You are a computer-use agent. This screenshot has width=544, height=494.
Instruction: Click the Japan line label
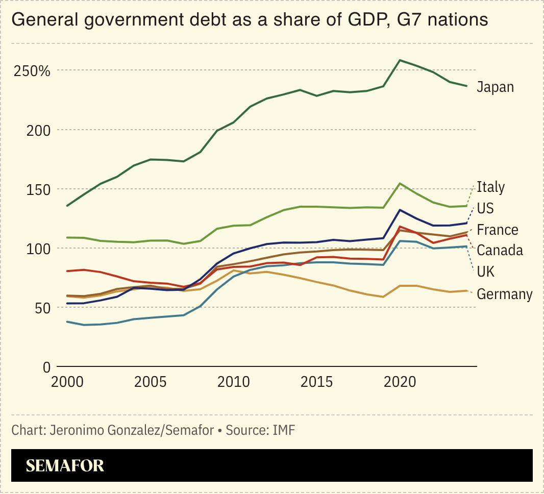click(495, 87)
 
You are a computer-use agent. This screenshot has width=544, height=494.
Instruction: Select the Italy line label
click(490, 187)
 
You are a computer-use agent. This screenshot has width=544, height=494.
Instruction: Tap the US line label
click(485, 209)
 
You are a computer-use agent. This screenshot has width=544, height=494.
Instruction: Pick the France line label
click(498, 230)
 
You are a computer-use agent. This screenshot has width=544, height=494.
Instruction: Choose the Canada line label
click(500, 251)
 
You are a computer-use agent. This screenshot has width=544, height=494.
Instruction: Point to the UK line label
click(485, 272)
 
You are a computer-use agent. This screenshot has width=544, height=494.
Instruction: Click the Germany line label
click(504, 294)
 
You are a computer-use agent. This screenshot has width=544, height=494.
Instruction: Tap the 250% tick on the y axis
click(32, 71)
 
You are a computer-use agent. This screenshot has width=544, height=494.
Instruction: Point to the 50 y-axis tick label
click(43, 308)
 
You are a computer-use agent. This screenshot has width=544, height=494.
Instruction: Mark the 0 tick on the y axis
click(46, 367)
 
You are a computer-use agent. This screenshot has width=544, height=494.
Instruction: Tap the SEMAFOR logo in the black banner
click(65, 465)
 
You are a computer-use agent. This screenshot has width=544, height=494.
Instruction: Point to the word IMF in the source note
click(284, 430)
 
